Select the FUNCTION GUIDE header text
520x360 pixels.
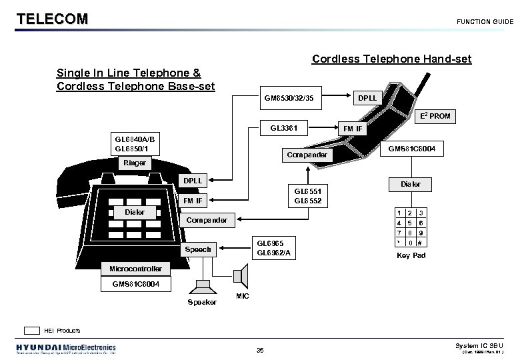coord(485,22)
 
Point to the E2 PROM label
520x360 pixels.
coord(435,116)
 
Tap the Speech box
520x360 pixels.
coord(198,249)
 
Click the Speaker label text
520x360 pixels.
coord(202,302)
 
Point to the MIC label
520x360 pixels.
coord(243,295)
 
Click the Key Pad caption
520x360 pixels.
coord(411,255)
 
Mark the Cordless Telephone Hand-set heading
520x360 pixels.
coord(391,59)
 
